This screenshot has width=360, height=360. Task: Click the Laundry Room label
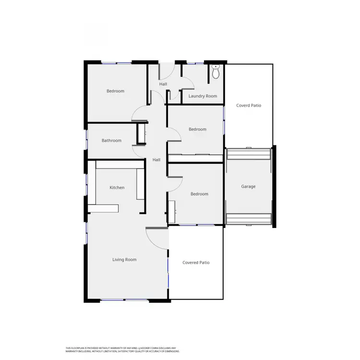203,96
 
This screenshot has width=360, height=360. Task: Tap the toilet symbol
216,72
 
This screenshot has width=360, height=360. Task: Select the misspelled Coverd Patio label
249,105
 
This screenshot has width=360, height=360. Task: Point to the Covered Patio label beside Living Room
196,263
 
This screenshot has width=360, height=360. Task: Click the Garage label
248,186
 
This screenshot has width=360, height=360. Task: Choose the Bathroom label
111,141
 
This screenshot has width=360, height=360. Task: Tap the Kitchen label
117,188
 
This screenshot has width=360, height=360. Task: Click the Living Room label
124,260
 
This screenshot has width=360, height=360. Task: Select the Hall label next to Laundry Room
163,84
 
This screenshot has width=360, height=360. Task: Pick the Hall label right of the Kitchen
156,160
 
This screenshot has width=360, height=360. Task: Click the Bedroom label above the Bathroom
115,91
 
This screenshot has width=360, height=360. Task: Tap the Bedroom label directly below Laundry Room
197,129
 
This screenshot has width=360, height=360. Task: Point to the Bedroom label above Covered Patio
199,194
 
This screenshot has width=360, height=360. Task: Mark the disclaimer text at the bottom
122,349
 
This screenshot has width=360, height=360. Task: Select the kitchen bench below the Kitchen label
102,208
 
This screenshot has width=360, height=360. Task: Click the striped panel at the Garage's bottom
248,219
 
